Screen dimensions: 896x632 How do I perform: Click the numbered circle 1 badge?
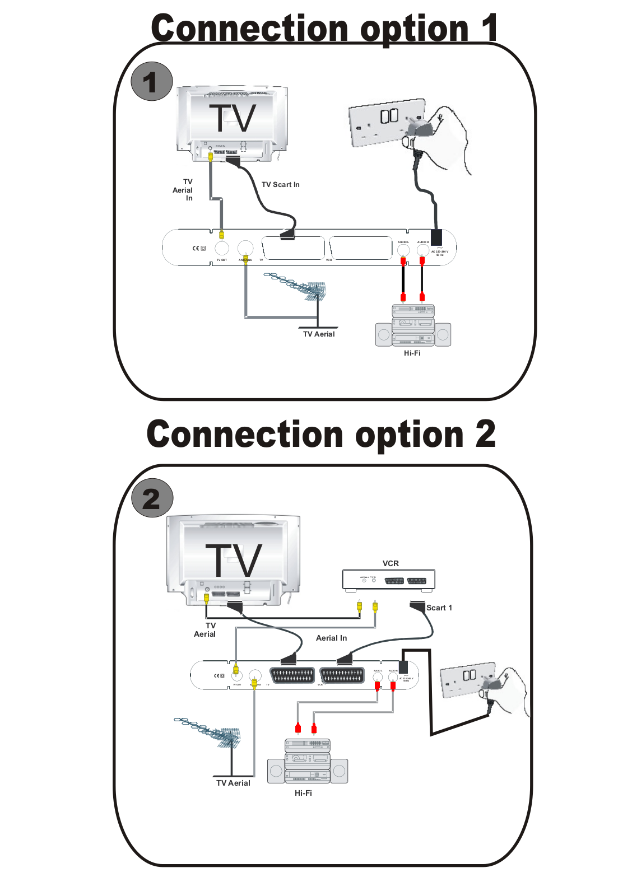pyautogui.click(x=151, y=82)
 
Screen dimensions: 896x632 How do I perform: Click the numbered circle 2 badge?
pyautogui.click(x=152, y=498)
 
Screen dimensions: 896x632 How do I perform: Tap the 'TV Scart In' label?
pyautogui.click(x=280, y=184)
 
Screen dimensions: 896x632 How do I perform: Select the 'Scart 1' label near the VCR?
pyautogui.click(x=439, y=608)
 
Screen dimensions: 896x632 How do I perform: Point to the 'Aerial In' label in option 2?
pyautogui.click(x=331, y=638)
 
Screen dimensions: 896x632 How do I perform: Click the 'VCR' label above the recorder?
pyautogui.click(x=391, y=563)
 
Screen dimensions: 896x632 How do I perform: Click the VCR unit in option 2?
pyautogui.click(x=388, y=580)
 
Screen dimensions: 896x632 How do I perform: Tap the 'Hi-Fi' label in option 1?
pyautogui.click(x=412, y=353)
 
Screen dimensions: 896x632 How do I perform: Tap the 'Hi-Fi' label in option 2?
pyautogui.click(x=303, y=793)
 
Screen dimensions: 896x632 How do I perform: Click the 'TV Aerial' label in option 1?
pyautogui.click(x=319, y=334)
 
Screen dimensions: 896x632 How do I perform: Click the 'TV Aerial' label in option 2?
pyautogui.click(x=233, y=783)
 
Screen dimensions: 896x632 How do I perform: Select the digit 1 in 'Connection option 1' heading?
pyautogui.click(x=489, y=28)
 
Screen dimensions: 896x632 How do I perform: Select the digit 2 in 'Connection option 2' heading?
pyautogui.click(x=485, y=435)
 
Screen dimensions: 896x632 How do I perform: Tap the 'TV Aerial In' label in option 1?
pyautogui.click(x=183, y=190)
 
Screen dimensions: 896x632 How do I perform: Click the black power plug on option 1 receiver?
pyautogui.click(x=436, y=237)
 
